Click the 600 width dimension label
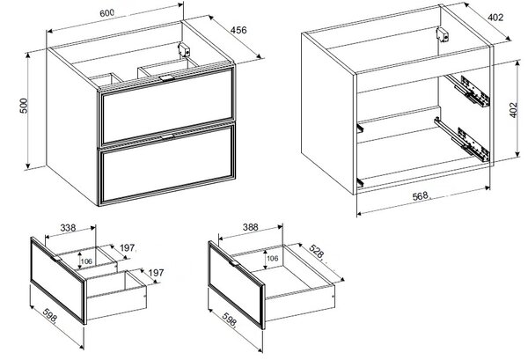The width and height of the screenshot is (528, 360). [106, 13]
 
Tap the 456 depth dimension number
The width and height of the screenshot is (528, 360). [238, 30]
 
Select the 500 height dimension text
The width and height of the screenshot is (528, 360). [25, 106]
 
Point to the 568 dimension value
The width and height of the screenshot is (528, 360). [420, 196]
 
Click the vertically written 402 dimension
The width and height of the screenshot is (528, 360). [513, 110]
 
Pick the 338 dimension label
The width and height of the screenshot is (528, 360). [68, 228]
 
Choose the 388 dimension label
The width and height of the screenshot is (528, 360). [251, 227]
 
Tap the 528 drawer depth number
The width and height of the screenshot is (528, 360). [316, 252]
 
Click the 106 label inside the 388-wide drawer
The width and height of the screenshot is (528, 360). [273, 258]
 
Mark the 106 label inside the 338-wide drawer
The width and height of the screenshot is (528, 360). [86, 261]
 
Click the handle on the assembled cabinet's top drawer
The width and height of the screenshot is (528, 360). [166, 78]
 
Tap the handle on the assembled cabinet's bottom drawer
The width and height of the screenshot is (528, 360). [167, 136]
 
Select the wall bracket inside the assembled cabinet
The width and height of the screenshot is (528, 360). [184, 50]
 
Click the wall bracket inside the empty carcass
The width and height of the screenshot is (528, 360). [443, 34]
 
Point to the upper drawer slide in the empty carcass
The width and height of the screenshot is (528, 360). [468, 91]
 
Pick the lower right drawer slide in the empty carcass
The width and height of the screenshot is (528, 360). [462, 140]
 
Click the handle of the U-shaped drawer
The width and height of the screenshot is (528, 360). [55, 259]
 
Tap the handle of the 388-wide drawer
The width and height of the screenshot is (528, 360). [234, 263]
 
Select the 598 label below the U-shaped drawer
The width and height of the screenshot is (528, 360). [50, 316]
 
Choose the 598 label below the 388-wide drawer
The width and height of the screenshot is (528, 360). [230, 320]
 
